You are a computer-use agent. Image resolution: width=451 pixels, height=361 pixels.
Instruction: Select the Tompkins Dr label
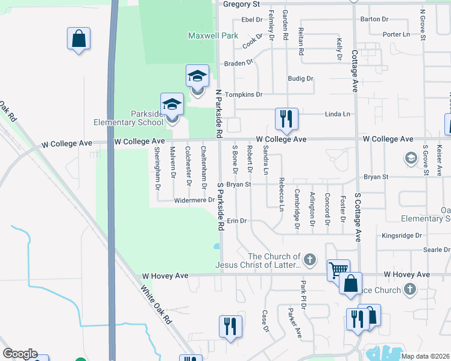[x=244, y=95]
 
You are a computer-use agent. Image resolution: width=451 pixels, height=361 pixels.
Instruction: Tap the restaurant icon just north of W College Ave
[x=286, y=119]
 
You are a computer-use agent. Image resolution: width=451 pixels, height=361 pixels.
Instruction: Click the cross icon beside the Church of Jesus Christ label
[x=309, y=260]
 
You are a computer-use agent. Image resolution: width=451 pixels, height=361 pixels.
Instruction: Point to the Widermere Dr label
[x=194, y=200]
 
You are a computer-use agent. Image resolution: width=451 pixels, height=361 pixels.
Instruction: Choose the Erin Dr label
[x=237, y=221]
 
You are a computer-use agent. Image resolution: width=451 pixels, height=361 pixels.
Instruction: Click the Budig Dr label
[x=300, y=79]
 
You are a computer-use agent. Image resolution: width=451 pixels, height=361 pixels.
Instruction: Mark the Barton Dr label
[x=374, y=19]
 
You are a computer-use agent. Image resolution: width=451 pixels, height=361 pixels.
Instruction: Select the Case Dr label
[x=265, y=321]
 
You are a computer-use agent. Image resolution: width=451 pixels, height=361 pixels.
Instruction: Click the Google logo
[x=20, y=354]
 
